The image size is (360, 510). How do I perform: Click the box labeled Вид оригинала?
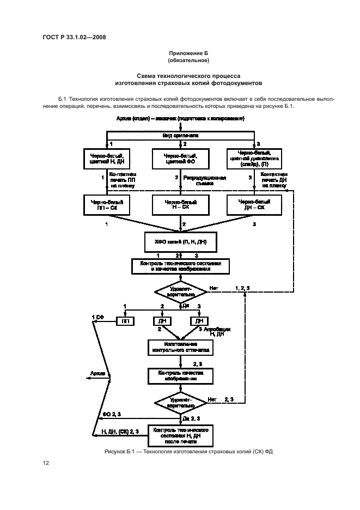[x=180, y=135]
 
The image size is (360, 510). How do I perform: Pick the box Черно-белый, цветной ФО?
[x=180, y=159]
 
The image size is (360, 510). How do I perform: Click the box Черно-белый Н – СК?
[x=180, y=204]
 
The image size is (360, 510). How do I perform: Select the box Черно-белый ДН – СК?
[x=252, y=204]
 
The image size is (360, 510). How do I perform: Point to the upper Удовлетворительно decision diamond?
[x=180, y=291]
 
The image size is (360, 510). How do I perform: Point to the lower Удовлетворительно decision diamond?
[x=180, y=403]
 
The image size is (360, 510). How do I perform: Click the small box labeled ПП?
[x=125, y=321]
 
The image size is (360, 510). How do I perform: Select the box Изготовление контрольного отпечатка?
[x=180, y=348]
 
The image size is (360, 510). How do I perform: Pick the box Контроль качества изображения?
[x=180, y=376]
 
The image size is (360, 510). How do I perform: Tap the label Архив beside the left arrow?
[x=99, y=374]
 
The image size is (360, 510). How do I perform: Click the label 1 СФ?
[x=97, y=317]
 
